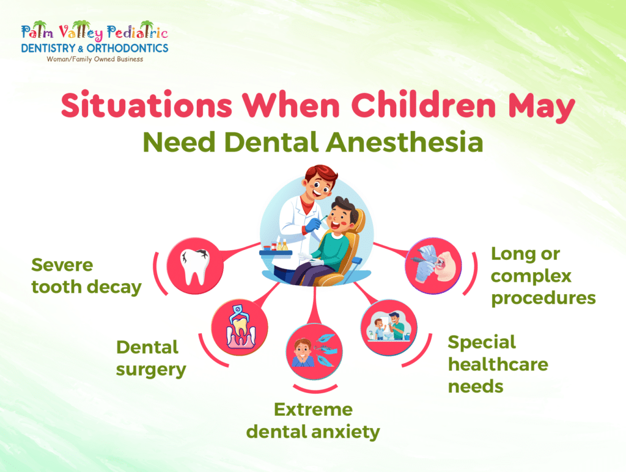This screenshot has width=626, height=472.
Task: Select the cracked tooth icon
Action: [195, 267]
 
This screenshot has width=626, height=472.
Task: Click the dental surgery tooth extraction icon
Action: [240, 328]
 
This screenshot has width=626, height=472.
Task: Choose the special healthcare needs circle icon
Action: [389, 328]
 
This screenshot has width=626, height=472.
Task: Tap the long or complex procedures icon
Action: [433, 267]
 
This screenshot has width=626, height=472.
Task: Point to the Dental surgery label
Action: [151, 358]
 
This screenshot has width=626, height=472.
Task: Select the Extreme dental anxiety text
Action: [313, 421]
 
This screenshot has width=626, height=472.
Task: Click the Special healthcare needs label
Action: [497, 364]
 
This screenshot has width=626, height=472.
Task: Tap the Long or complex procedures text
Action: [543, 276]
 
